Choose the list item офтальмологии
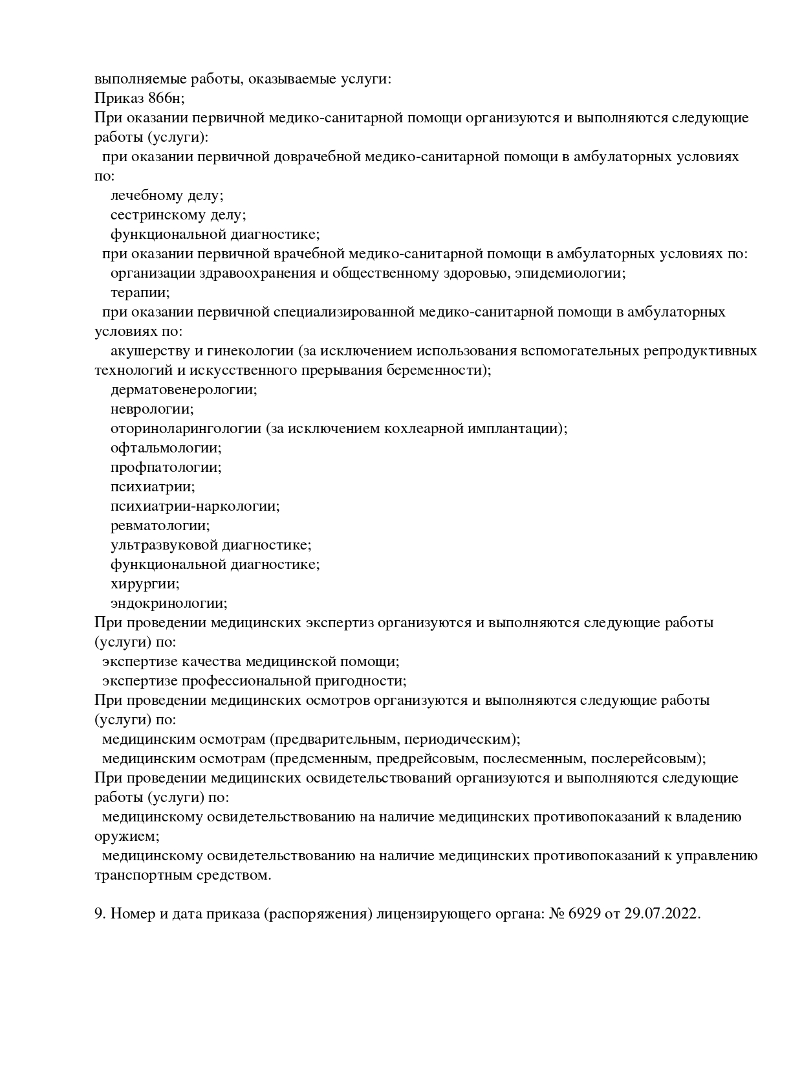(x=166, y=448)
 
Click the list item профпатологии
(x=166, y=467)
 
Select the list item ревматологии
(x=160, y=526)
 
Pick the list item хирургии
(x=145, y=584)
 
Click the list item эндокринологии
(x=169, y=603)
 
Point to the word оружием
(x=126, y=836)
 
